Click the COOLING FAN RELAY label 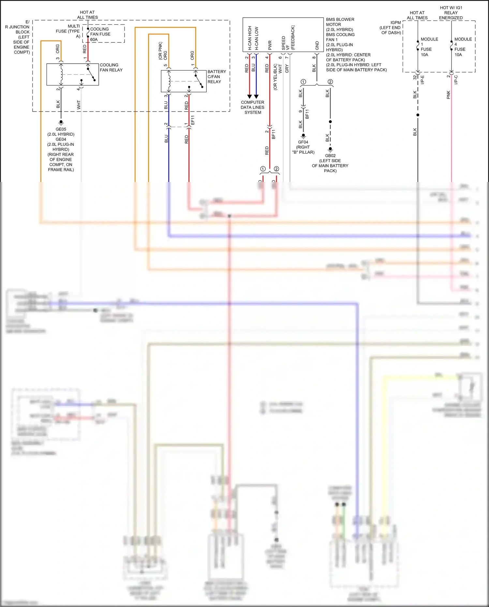tap(111, 68)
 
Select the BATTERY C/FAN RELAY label tap(216, 77)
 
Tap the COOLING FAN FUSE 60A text tap(100, 34)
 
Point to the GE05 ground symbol tap(61, 123)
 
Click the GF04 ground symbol tap(303, 136)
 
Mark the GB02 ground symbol tap(330, 149)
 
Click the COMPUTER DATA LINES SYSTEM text tap(253, 107)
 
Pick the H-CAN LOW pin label tap(257, 38)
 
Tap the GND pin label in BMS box tap(317, 45)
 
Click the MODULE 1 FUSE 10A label tap(429, 47)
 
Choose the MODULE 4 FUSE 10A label tap(463, 47)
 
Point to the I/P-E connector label tap(422, 80)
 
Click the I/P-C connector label tap(456, 80)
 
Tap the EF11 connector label tap(193, 120)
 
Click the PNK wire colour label tap(448, 95)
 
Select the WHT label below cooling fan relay tap(79, 105)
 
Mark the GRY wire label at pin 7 tap(287, 68)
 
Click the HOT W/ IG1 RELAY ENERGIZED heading tap(451, 13)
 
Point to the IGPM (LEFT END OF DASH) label tap(391, 28)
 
